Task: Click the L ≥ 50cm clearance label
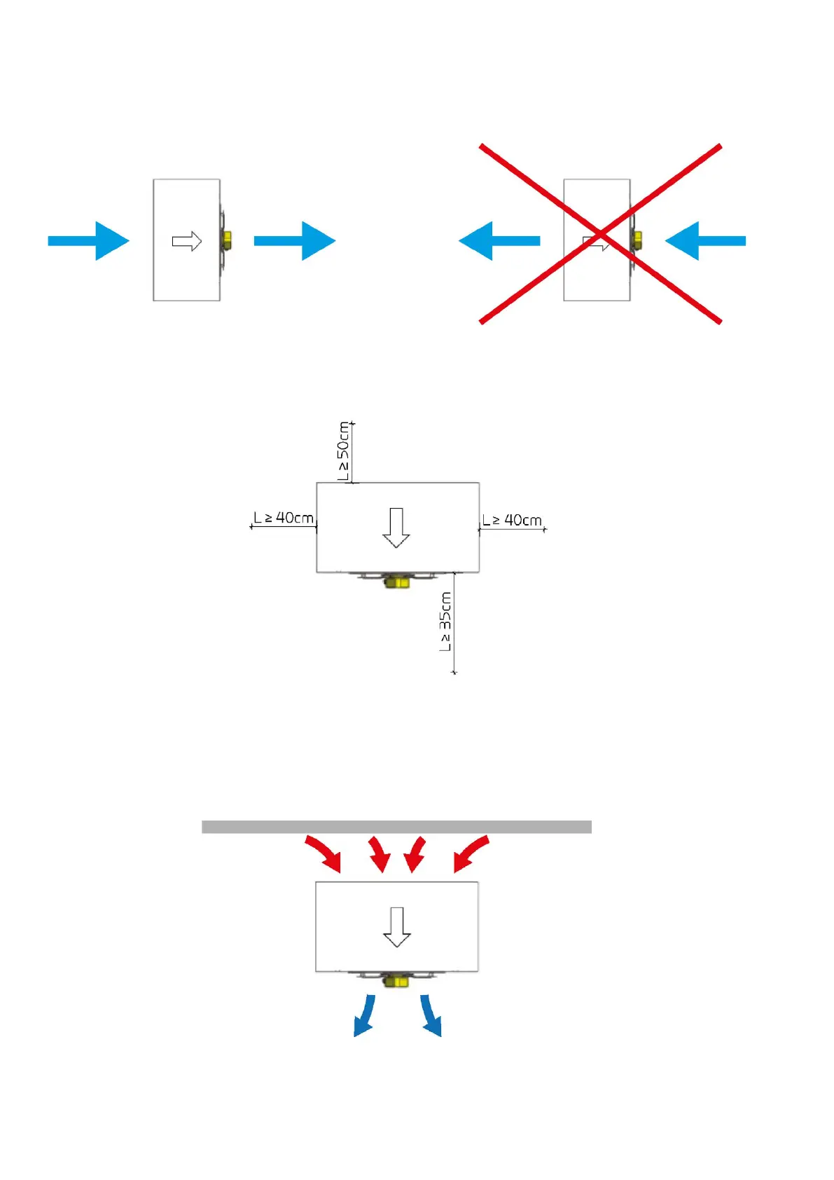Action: [343, 451]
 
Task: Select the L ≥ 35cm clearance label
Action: [445, 621]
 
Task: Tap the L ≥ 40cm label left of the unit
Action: [284, 518]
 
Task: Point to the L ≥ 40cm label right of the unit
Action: [512, 520]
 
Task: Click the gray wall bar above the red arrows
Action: [396, 827]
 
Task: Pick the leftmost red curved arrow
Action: [323, 853]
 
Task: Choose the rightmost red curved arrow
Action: [471, 853]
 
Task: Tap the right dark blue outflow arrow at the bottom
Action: [430, 1016]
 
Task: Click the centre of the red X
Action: [600, 233]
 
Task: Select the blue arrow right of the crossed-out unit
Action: [704, 240]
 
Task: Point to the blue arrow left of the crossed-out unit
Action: [499, 240]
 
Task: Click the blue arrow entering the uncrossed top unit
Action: [89, 240]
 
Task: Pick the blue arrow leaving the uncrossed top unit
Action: [295, 240]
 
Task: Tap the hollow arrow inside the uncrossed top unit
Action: [187, 241]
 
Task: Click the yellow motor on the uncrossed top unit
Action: [227, 240]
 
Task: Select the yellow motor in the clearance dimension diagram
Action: [397, 582]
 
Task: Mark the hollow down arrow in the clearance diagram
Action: [396, 527]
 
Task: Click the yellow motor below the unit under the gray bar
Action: [396, 980]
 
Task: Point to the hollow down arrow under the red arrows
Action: [396, 926]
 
